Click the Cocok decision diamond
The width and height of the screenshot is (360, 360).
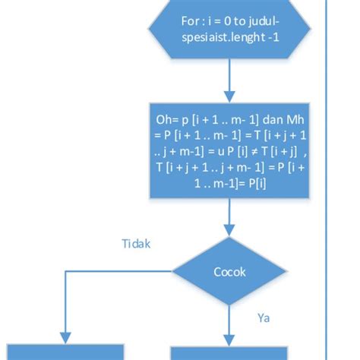229,272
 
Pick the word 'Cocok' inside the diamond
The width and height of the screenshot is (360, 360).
229,272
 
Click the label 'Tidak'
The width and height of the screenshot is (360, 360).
137,244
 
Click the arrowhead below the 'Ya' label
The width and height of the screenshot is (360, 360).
229,338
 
